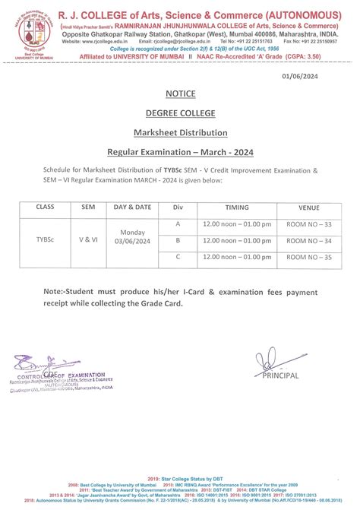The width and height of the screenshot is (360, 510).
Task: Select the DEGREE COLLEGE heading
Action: [179, 112]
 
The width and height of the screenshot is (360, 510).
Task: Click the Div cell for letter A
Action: [178, 224]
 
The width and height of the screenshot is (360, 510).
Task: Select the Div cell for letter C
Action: [178, 257]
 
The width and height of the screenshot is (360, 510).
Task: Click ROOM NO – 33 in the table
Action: [309, 225]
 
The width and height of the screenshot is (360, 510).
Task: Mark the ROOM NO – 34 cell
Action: [309, 241]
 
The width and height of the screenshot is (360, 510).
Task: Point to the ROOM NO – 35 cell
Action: [309, 258]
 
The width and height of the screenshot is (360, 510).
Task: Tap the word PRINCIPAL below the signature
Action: [280, 375]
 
